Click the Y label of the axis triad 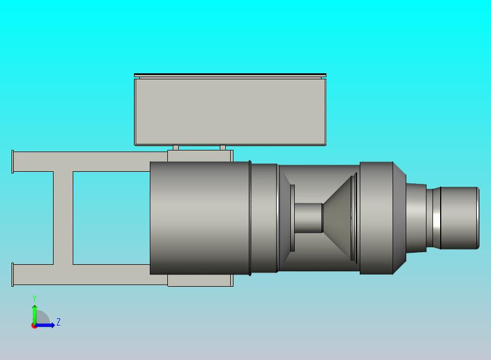(x=34, y=298)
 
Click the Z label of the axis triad (x=59, y=322)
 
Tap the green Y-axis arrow (x=34, y=313)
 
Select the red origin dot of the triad (x=34, y=326)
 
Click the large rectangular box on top (x=230, y=112)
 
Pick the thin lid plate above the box (x=230, y=75)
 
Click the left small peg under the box (x=176, y=148)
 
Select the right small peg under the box (x=223, y=148)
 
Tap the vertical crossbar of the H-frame (x=63, y=218)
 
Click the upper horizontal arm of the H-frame (x=82, y=161)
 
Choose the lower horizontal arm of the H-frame (x=82, y=274)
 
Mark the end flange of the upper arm (x=13, y=161)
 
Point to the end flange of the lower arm (x=13, y=274)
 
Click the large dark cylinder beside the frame (x=200, y=218)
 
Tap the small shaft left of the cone (x=308, y=218)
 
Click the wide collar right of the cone (x=377, y=218)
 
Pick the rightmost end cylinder (x=459, y=218)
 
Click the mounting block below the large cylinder (x=200, y=280)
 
